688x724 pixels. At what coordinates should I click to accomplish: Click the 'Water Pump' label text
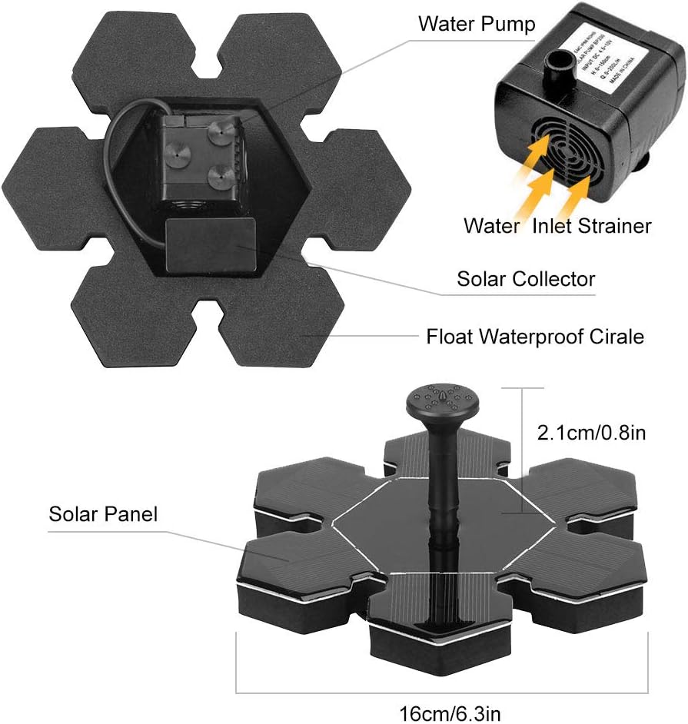click(x=477, y=24)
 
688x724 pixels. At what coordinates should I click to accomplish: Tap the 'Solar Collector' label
click(x=526, y=278)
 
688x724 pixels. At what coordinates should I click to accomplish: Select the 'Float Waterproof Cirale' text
click(x=535, y=336)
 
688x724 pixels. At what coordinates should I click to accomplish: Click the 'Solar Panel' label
click(x=103, y=513)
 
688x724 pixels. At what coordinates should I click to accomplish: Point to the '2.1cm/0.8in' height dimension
click(x=590, y=432)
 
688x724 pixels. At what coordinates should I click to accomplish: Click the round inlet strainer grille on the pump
click(x=567, y=151)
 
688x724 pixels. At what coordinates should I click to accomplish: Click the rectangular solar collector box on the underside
click(x=211, y=244)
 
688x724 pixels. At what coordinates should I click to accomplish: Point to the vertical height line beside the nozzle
click(x=523, y=438)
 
